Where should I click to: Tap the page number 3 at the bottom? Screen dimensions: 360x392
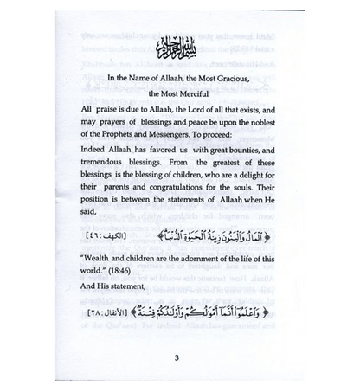[180, 355]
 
